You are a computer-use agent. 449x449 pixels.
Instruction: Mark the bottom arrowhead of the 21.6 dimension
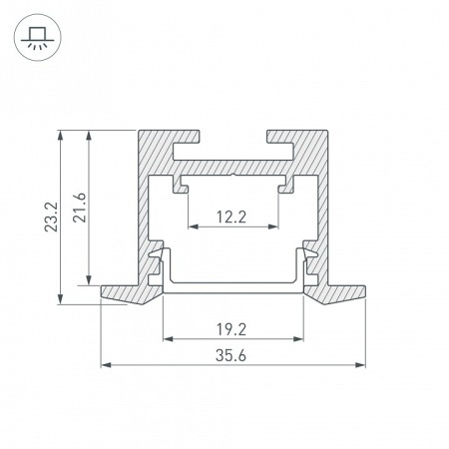tap(93, 279)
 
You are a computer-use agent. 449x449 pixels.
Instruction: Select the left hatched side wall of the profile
tap(144, 210)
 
